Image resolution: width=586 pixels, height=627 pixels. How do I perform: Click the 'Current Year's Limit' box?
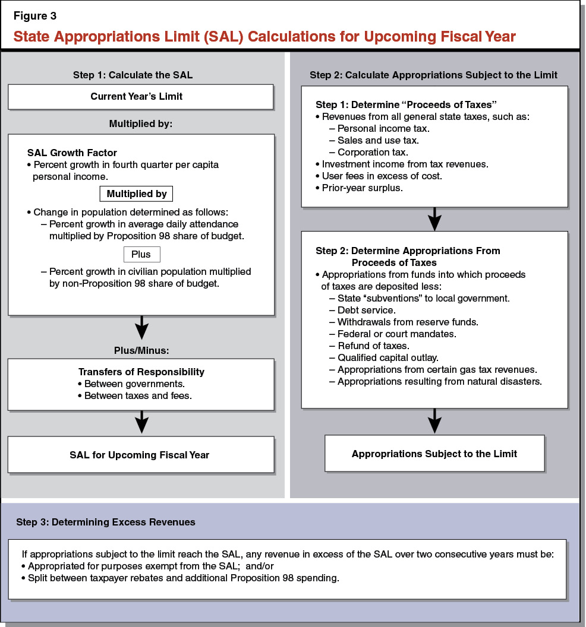(141, 97)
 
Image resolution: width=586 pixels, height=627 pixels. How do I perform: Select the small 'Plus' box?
(141, 254)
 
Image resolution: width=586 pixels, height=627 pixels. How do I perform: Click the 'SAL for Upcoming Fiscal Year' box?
(141, 455)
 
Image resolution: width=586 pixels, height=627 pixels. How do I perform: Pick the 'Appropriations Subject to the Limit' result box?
(434, 454)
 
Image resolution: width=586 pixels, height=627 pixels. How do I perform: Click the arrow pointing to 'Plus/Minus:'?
(141, 328)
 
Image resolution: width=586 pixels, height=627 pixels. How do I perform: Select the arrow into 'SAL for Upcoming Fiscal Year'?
(141, 423)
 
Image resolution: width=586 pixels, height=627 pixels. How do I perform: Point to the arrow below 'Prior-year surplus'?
(434, 219)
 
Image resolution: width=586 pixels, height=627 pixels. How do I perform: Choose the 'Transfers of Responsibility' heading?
(141, 372)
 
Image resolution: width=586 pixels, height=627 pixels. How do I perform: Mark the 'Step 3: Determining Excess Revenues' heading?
(106, 522)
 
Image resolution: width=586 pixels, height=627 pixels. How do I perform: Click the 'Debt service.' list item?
(367, 310)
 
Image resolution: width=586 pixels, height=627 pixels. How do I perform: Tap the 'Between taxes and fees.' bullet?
(138, 395)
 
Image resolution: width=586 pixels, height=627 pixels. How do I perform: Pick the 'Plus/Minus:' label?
(141, 350)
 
